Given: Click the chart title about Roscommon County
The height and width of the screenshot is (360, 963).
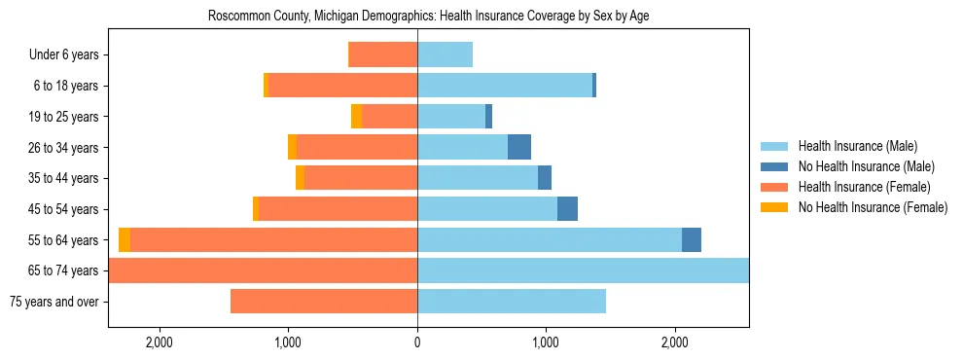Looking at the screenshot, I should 428,17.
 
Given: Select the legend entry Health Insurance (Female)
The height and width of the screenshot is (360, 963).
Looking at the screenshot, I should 864,187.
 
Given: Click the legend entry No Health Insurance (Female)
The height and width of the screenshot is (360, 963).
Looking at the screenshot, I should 873,207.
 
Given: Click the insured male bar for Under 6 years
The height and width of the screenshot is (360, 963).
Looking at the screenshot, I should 445,55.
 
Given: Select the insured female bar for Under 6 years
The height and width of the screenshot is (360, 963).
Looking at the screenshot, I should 383,55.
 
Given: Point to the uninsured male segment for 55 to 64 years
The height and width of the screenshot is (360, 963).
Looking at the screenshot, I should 692,240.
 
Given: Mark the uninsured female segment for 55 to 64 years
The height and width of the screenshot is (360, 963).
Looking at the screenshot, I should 125,240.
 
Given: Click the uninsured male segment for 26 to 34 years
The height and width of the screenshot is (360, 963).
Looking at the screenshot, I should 519,148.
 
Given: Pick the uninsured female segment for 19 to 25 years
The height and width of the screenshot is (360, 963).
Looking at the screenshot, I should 356,117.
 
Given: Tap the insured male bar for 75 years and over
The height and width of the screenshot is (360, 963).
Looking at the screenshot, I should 512,302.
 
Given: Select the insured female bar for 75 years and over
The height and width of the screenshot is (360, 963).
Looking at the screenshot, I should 324,302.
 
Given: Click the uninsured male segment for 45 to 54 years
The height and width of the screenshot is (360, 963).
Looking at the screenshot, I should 567,209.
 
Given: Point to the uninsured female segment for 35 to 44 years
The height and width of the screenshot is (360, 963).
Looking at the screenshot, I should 300,178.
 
